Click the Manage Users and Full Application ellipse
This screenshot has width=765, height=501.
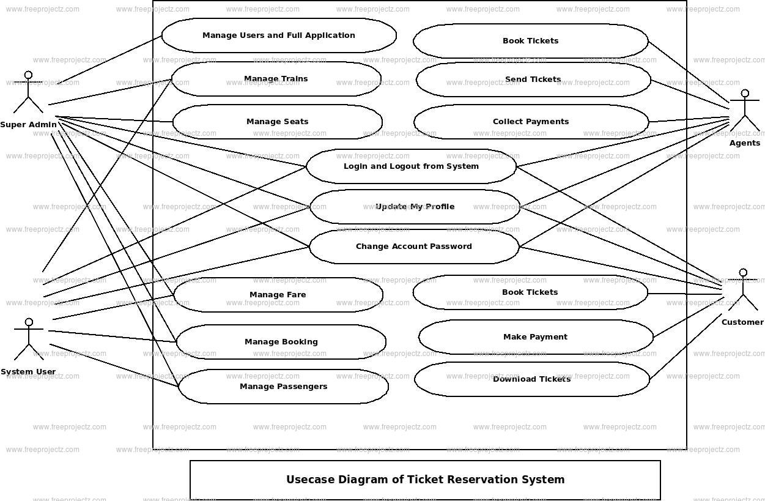click(279, 35)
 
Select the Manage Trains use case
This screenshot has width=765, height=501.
click(276, 79)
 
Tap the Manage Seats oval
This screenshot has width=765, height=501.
click(277, 122)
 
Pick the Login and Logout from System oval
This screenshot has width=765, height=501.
click(411, 166)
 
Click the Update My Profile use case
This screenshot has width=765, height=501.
click(415, 207)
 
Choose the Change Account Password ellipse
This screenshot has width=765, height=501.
click(414, 247)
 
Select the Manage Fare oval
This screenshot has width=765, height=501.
click(278, 295)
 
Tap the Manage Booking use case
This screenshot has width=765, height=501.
click(281, 342)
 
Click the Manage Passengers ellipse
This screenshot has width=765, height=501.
click(283, 387)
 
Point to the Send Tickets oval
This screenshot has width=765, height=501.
click(533, 80)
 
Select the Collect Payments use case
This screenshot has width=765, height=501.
click(531, 122)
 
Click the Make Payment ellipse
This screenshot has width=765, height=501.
click(535, 337)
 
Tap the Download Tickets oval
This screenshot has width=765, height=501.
click(531, 379)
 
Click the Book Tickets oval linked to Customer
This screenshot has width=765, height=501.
click(530, 292)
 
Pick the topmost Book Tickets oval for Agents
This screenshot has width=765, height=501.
click(530, 41)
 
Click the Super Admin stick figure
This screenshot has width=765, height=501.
click(28, 93)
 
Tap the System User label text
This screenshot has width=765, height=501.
click(28, 372)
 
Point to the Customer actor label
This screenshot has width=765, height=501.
click(742, 322)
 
